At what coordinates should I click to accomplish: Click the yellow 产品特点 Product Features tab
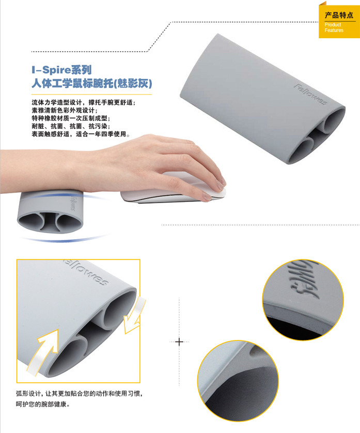(x=339, y=21)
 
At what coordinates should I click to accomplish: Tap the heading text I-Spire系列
(x=61, y=70)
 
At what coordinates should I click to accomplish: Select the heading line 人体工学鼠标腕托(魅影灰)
(x=91, y=83)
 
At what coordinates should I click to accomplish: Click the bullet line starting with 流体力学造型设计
(x=83, y=102)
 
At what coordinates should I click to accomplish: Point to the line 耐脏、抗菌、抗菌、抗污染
(x=71, y=126)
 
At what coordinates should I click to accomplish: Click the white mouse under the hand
(x=173, y=189)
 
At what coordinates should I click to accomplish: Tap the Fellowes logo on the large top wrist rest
(x=310, y=94)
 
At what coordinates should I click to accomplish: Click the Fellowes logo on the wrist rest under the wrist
(x=73, y=203)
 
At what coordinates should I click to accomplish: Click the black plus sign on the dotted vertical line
(x=179, y=342)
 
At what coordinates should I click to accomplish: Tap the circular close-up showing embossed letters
(x=303, y=300)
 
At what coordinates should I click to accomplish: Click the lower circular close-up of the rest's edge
(x=238, y=381)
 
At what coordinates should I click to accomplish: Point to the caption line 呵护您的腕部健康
(x=42, y=404)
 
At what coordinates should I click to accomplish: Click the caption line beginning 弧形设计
(x=79, y=394)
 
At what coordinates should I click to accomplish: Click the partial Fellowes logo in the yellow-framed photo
(x=86, y=272)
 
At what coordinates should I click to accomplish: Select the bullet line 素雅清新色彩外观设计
(x=65, y=111)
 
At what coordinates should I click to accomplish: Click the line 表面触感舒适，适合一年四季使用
(x=81, y=134)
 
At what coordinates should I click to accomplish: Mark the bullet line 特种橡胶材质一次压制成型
(x=71, y=118)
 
